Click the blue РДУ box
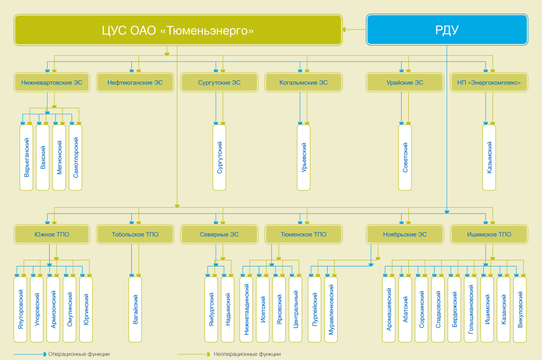click(447, 30)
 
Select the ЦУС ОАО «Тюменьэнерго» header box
click(178, 30)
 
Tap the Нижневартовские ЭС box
click(52, 83)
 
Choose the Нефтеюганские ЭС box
click(135, 83)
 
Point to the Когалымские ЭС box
click(304, 83)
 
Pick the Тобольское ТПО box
click(135, 234)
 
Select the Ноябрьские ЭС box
click(405, 234)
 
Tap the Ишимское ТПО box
click(489, 234)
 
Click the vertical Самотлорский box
click(75, 158)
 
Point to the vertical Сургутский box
click(220, 158)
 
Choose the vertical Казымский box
click(489, 158)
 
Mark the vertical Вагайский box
click(135, 309)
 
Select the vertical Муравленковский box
click(331, 309)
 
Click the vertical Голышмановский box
click(471, 309)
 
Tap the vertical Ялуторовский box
click(21, 309)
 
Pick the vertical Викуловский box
click(520, 309)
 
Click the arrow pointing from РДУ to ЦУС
click(354, 30)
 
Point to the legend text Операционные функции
click(79, 354)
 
